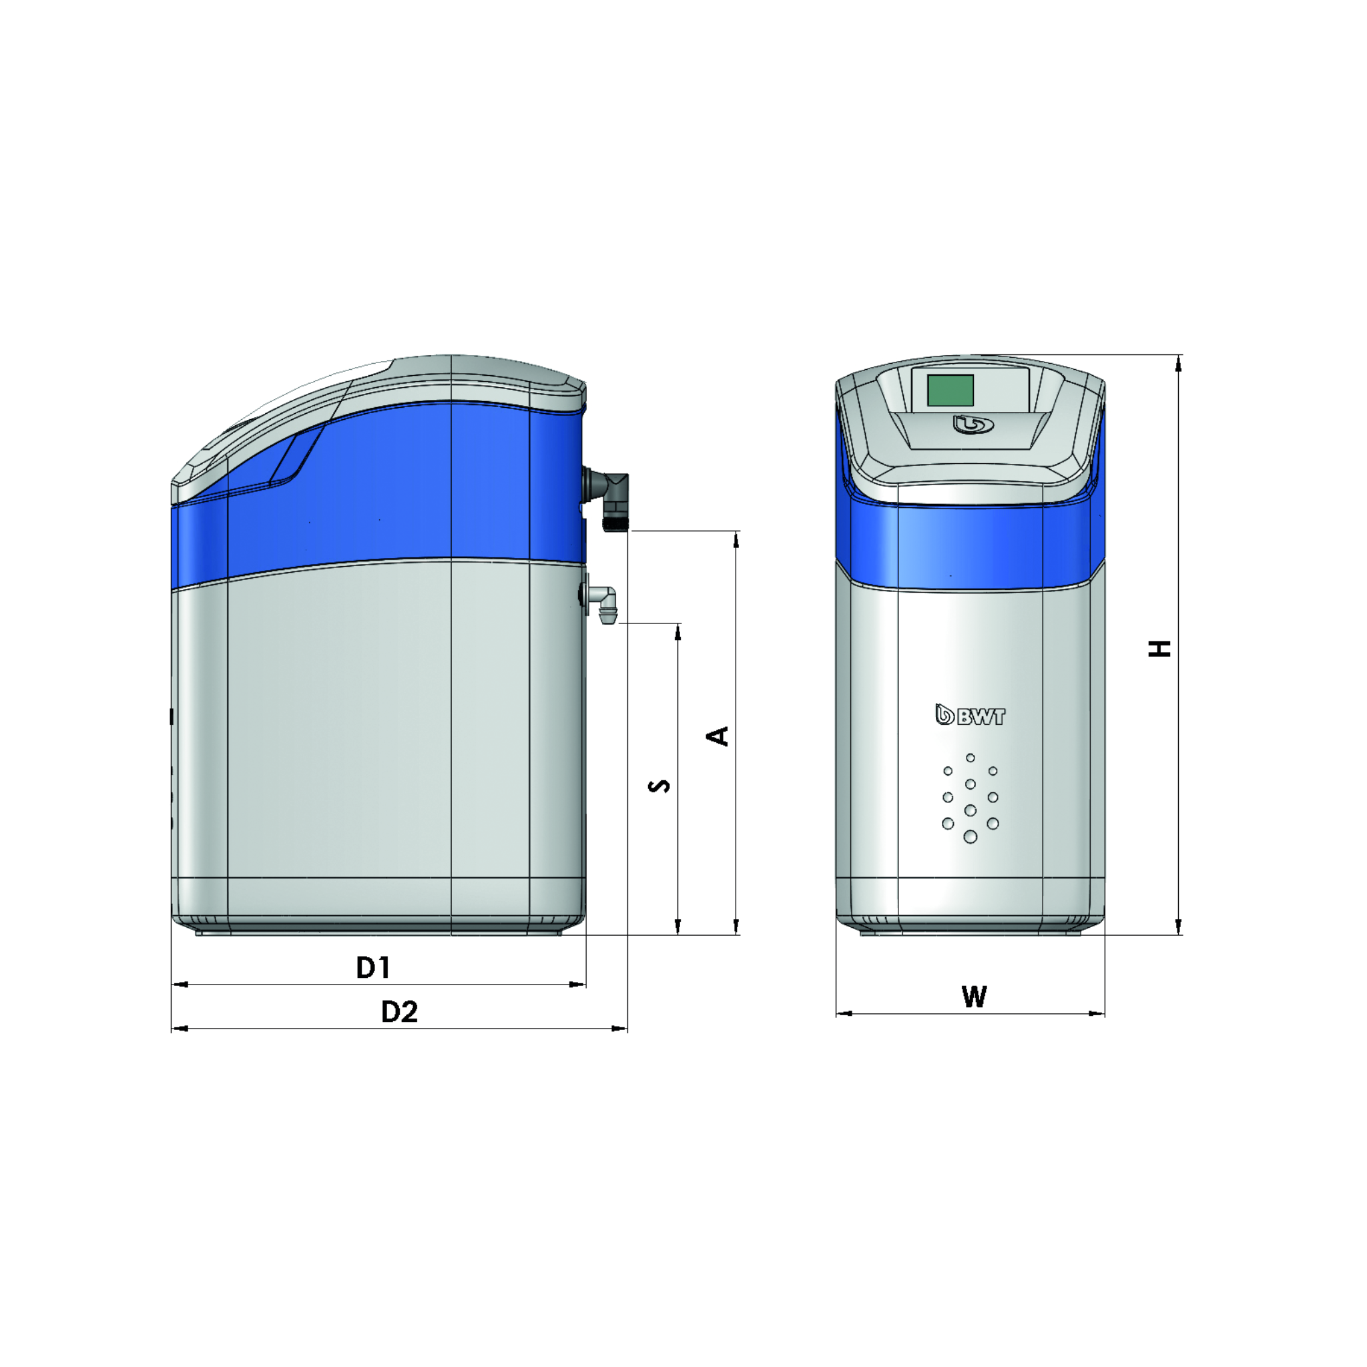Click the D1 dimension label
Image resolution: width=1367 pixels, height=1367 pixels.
click(373, 967)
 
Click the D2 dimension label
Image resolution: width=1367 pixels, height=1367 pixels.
click(399, 1012)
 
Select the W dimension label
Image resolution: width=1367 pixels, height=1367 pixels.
click(974, 997)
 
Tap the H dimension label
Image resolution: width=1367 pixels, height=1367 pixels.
click(1159, 648)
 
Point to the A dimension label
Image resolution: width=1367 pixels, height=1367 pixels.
click(718, 736)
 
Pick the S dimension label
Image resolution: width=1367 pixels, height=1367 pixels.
click(659, 786)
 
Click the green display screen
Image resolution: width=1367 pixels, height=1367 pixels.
click(950, 390)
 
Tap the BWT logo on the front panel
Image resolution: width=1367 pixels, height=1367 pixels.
click(970, 716)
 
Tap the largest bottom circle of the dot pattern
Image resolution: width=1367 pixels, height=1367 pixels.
click(970, 837)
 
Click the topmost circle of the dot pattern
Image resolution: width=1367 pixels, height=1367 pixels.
click(970, 758)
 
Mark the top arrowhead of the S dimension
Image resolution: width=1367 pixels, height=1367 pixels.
click(678, 632)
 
